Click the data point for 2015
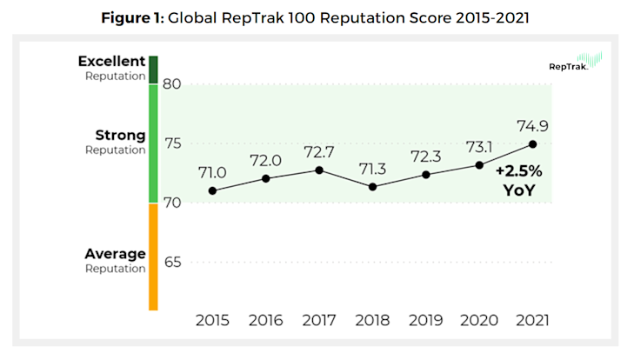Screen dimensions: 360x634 click(212, 190)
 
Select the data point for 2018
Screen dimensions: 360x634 click(372, 187)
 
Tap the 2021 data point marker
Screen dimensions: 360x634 click(532, 144)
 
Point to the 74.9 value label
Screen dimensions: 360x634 click(532, 124)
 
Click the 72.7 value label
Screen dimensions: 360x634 click(319, 151)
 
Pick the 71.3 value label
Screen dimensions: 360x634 click(372, 168)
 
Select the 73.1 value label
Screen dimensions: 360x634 click(479, 145)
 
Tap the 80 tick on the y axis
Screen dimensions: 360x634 click(171, 84)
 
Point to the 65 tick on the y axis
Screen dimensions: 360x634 click(171, 263)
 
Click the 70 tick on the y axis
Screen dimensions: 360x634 click(171, 203)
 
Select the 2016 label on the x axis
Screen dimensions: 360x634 click(266, 320)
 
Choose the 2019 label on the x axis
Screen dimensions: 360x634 click(426, 320)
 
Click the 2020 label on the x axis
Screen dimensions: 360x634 click(479, 320)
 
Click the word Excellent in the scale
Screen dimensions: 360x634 click(111, 62)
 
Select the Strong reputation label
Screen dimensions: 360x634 click(120, 142)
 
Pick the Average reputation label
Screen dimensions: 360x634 click(115, 260)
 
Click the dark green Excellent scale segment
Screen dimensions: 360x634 click(153, 70)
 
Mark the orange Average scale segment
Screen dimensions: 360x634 click(153, 257)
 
